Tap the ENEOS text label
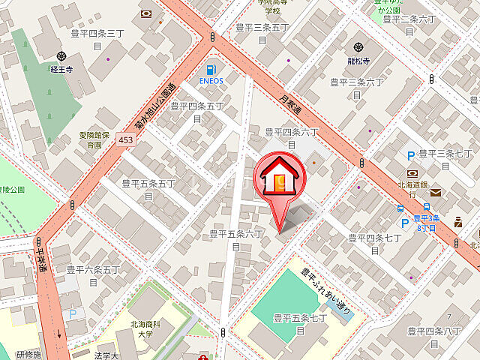(x=211, y=80)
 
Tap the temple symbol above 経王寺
(x=61, y=55)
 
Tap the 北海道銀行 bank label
(x=415, y=184)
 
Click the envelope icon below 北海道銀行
(x=436, y=192)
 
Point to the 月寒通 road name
(x=289, y=97)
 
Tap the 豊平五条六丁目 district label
(x=235, y=239)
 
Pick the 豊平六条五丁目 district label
(x=93, y=274)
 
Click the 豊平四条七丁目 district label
(x=375, y=244)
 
